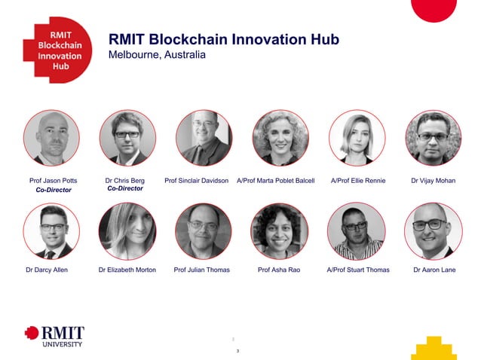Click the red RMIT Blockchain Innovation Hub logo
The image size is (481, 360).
coord(56,50)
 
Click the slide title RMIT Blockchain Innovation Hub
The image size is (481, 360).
coord(224,39)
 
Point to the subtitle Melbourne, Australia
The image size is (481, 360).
coord(157,55)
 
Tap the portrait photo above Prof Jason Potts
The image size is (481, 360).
coord(51,138)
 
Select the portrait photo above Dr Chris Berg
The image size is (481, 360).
coord(127,138)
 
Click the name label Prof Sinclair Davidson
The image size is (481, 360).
coord(196,181)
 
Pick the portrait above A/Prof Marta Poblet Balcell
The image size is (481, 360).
coord(280,138)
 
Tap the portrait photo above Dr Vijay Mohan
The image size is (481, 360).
coord(433,138)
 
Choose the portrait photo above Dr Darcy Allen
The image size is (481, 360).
coord(51,230)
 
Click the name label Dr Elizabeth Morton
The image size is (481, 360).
coord(127,270)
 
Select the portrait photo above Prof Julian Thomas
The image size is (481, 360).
coord(204,230)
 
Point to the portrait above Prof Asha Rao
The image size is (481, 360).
coord(280,230)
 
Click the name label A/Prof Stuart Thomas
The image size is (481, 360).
coord(358,270)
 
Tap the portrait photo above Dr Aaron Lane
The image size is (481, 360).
coord(433,230)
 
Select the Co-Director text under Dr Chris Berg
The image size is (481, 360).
coord(125,188)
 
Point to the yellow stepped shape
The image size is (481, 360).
coord(434,348)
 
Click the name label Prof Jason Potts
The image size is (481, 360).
coord(53,181)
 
